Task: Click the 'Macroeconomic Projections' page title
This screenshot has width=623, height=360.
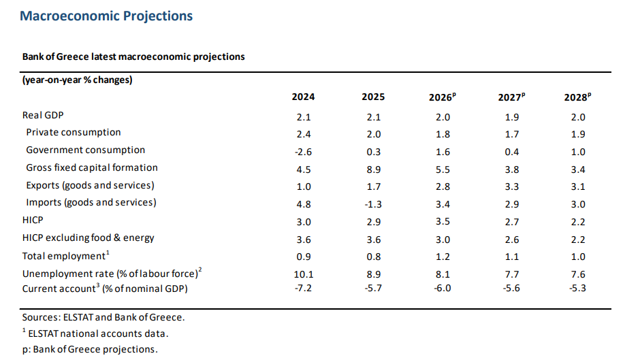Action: [x=106, y=16]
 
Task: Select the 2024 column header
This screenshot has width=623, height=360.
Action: [x=303, y=97]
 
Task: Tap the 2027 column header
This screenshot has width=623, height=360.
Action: [x=511, y=97]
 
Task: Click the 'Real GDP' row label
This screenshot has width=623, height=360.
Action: [x=43, y=115]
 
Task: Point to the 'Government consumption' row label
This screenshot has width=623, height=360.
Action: [x=85, y=150]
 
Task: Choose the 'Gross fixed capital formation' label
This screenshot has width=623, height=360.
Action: [x=92, y=167]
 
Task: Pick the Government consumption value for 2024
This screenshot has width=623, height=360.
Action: [x=303, y=152]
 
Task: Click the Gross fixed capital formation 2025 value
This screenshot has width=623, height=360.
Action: [x=374, y=169]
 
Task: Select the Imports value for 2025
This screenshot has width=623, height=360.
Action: [x=373, y=204]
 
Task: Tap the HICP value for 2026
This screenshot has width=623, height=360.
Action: [x=443, y=221]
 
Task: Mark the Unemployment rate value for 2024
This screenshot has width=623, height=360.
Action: [x=304, y=274]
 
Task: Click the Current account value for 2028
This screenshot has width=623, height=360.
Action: [x=577, y=288]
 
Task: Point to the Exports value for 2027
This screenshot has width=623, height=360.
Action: [x=512, y=186]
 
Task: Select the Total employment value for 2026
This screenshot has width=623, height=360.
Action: [x=443, y=257]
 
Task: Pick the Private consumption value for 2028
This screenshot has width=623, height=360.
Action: [x=578, y=134]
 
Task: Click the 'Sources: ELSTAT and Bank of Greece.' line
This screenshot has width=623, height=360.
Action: [x=103, y=318]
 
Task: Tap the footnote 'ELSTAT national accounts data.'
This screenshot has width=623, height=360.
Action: [x=95, y=333]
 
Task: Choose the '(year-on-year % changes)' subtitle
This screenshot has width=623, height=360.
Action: [x=77, y=80]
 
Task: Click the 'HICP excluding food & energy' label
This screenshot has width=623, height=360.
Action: [x=89, y=238]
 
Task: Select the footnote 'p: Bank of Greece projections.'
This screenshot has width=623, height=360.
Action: [x=90, y=349]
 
